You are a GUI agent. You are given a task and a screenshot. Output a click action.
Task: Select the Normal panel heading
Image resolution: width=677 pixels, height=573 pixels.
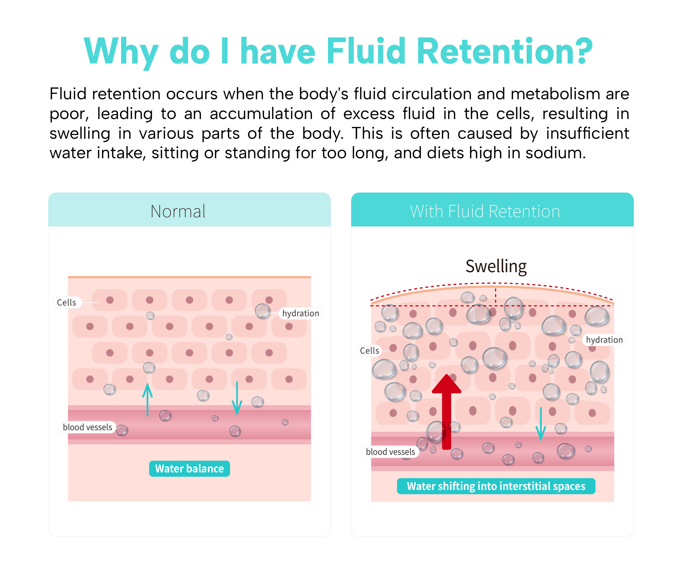(178, 212)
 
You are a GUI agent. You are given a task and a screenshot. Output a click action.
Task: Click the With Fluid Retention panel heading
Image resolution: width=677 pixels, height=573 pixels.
(485, 212)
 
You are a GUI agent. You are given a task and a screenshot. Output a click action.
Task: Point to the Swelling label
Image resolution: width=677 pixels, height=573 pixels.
(496, 266)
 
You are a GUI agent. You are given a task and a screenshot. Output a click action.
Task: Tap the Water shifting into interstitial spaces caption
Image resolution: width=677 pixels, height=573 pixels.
(496, 486)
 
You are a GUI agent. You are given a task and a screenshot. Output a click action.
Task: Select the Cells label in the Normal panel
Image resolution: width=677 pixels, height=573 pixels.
(66, 302)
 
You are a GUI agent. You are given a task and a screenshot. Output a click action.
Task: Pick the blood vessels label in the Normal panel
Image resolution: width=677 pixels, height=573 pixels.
(87, 427)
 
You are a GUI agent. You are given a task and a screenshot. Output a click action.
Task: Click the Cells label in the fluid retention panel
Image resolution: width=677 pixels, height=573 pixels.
(369, 351)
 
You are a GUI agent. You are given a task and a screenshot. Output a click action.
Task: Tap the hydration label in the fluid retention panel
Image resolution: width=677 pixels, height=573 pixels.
(604, 340)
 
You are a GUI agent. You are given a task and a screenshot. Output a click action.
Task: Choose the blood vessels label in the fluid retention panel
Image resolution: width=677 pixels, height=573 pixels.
(390, 452)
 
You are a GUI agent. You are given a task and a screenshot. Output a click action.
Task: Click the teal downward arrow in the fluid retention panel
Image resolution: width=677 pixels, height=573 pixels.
(541, 424)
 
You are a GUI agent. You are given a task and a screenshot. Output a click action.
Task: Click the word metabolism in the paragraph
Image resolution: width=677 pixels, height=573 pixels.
(555, 94)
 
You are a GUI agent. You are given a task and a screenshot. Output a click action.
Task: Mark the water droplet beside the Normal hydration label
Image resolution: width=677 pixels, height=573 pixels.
(262, 311)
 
